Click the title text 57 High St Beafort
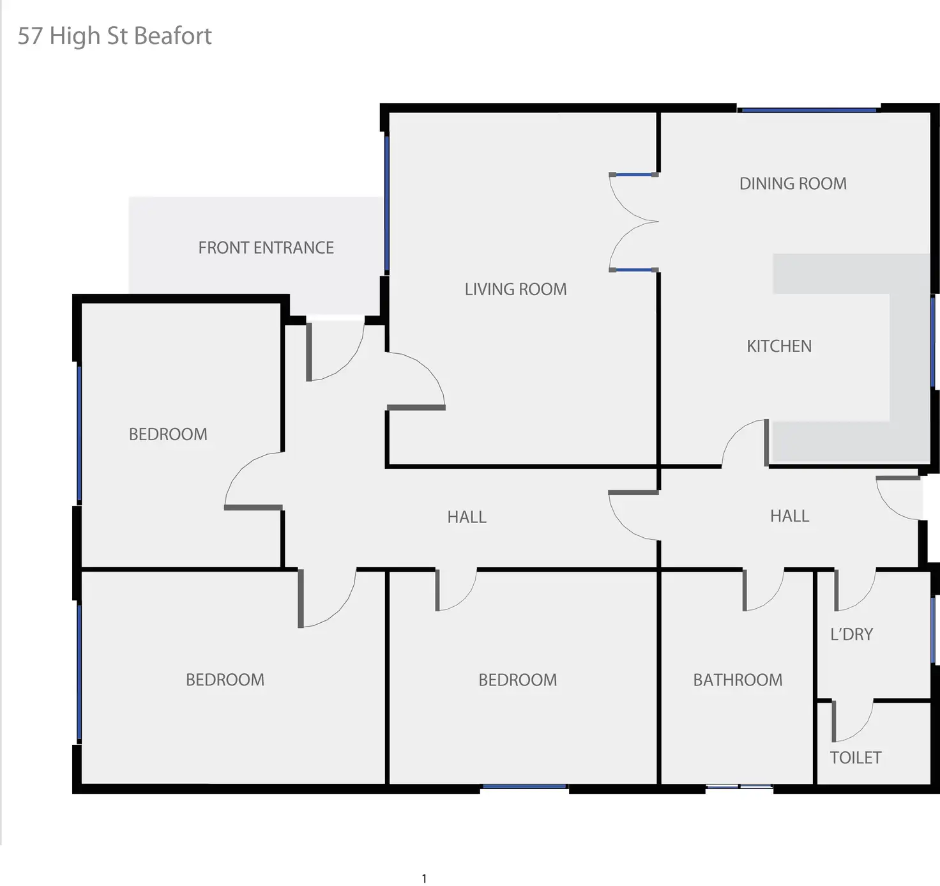coord(114,36)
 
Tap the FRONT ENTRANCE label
coord(266,248)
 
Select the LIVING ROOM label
coord(515,289)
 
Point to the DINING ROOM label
coord(792,184)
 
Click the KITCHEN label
coord(779,346)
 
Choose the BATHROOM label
coord(738,680)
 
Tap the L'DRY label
coord(851,634)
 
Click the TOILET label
coord(855,758)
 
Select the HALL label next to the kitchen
coord(789,516)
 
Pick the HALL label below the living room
coord(466,517)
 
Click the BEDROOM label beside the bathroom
coord(517,680)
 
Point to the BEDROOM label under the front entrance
coord(168,434)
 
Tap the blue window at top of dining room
coord(808,111)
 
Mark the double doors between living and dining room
coord(632,222)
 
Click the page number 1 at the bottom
coord(424,878)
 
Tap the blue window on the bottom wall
coord(524,786)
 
